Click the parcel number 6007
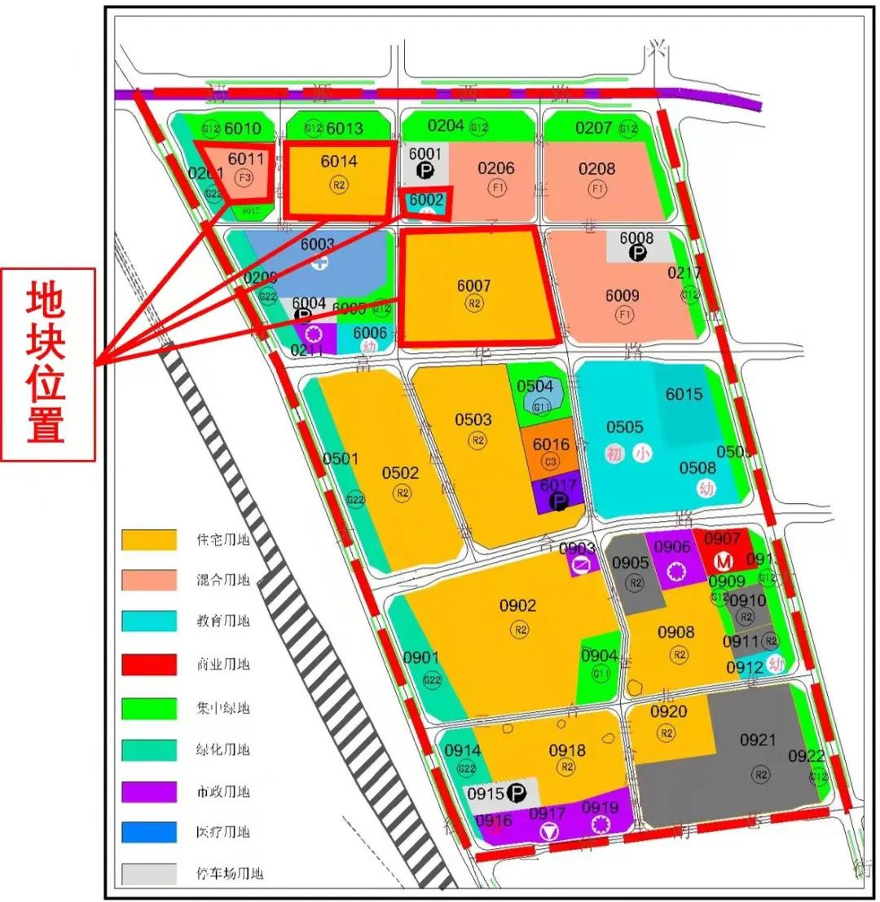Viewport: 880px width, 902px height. [x=473, y=285]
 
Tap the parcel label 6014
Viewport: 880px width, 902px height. [x=338, y=161]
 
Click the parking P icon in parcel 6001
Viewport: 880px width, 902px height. [x=425, y=170]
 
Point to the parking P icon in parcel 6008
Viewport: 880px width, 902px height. [x=638, y=254]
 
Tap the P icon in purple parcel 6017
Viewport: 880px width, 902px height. [x=559, y=502]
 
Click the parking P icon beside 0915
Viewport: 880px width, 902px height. [x=517, y=792]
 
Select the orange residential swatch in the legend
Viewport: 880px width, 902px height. [x=148, y=540]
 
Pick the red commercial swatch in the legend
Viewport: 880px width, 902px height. [x=148, y=665]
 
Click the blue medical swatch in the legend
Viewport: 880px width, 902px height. [x=148, y=833]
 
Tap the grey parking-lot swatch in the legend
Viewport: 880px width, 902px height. [x=148, y=874]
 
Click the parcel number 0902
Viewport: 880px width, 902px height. [x=518, y=606]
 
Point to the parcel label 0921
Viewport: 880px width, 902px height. [x=758, y=741]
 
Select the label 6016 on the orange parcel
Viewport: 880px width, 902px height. [x=551, y=444]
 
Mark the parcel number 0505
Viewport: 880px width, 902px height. [x=624, y=427]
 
